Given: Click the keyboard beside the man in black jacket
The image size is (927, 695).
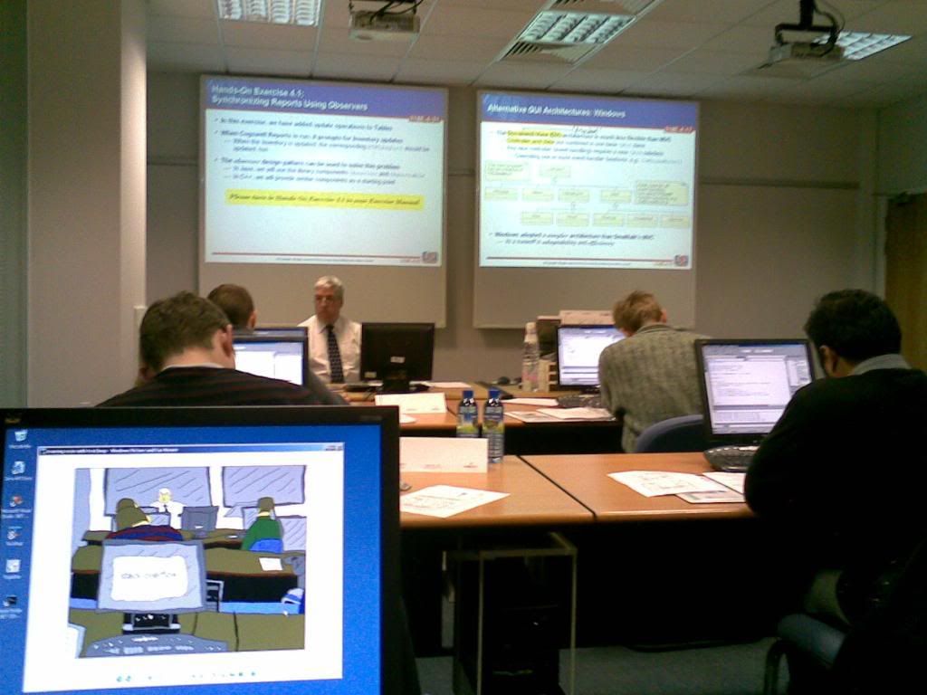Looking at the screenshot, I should click(x=730, y=457).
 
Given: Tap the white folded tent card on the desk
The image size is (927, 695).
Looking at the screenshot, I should click(x=444, y=454).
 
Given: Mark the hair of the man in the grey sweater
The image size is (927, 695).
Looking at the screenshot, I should click(x=636, y=309).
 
